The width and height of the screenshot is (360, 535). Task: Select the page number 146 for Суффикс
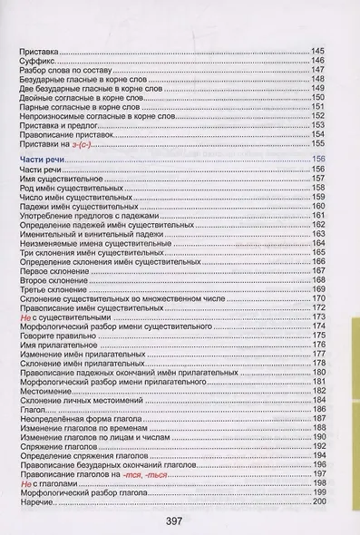[x=317, y=60]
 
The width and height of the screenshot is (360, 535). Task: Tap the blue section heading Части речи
[x=44, y=160]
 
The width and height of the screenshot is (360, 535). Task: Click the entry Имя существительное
[x=56, y=180]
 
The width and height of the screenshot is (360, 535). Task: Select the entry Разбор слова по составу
[x=66, y=70]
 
